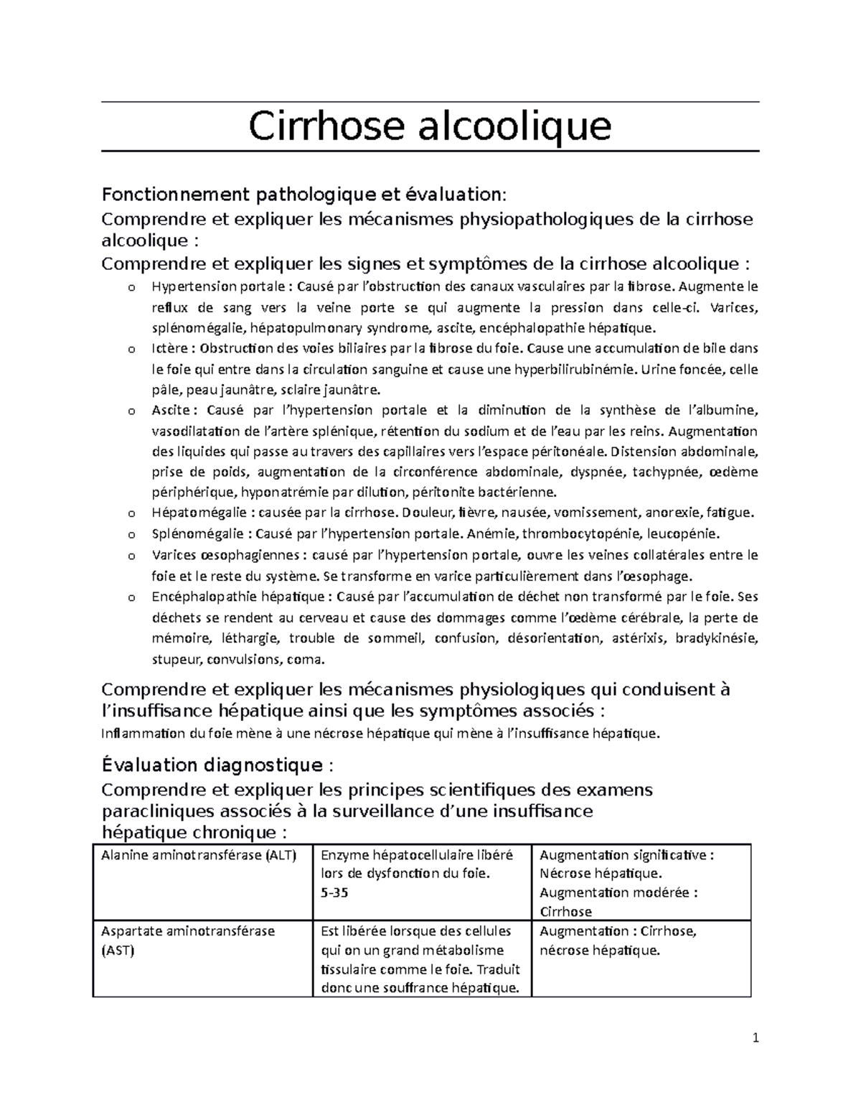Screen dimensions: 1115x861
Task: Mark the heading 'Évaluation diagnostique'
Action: [213, 765]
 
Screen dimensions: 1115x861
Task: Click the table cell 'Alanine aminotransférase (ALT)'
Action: [199, 854]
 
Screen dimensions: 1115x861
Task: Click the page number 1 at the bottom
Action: [756, 1037]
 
